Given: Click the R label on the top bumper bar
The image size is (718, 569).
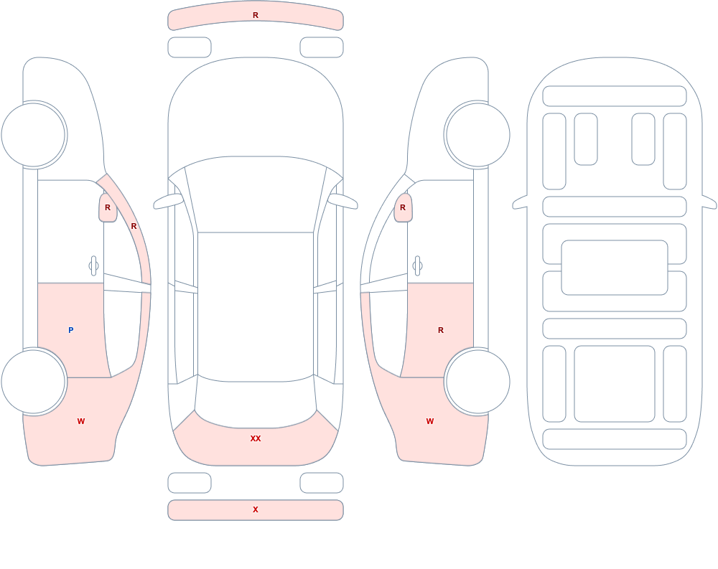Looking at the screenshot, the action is [256, 15].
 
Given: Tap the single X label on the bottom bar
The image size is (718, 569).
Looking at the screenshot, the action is [256, 509].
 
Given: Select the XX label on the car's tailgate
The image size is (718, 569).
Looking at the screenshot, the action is [256, 438].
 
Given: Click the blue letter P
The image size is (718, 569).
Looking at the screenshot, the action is [70, 330].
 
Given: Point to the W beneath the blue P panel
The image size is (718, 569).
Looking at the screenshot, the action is [81, 421].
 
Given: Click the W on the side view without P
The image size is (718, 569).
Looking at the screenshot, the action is [430, 421].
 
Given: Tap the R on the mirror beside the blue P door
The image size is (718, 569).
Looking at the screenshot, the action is [108, 207].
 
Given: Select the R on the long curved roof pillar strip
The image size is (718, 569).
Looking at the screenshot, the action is [134, 226].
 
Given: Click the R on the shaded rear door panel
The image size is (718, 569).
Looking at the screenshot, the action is [441, 330].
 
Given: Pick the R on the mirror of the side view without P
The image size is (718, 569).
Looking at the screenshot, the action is [403, 207].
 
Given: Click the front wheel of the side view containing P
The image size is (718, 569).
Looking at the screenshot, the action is [34, 135].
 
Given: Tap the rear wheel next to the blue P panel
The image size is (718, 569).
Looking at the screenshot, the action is [34, 381].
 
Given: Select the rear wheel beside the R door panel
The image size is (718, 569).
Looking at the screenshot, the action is [477, 381].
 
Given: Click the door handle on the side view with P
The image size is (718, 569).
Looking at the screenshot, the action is [93, 266].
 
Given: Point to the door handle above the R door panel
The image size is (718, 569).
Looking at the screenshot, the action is [417, 266].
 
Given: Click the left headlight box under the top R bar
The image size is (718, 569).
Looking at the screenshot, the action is [190, 47].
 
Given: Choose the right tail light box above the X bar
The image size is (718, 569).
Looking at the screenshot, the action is [322, 483].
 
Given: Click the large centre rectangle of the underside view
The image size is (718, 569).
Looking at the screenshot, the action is [615, 268].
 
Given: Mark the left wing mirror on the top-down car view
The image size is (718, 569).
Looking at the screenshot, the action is [167, 202].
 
